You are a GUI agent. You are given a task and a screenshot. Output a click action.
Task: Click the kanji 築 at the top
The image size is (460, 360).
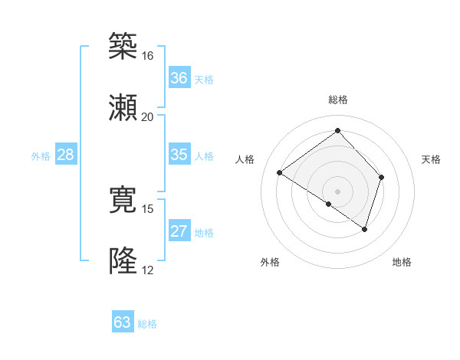[123, 47]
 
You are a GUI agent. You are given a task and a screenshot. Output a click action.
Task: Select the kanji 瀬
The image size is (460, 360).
[123, 107]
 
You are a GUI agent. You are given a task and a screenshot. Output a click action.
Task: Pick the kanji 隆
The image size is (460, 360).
[123, 261]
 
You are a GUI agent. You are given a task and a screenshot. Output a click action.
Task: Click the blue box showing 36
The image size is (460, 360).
[179, 78]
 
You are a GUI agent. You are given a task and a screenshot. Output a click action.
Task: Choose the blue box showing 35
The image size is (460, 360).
[179, 155]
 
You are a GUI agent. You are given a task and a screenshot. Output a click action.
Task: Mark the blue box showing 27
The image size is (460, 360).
[179, 231]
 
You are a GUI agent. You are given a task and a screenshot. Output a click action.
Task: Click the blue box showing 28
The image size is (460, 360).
[66, 155]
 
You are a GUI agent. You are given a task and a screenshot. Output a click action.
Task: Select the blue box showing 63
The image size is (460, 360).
[123, 322]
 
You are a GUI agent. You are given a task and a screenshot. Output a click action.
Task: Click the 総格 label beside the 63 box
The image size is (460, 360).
[147, 324]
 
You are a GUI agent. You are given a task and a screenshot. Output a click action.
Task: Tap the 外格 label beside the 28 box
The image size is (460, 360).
[41, 156]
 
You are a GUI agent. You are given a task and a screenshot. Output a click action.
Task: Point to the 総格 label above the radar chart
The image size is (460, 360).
[337, 100]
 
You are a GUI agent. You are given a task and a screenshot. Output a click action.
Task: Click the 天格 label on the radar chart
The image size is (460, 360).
[432, 159]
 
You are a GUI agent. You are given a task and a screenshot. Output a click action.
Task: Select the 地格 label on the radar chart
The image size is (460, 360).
[402, 262]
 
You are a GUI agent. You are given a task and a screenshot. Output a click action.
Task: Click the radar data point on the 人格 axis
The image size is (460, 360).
[280, 173]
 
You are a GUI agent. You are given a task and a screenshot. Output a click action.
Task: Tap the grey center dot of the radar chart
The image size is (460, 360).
[337, 191]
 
